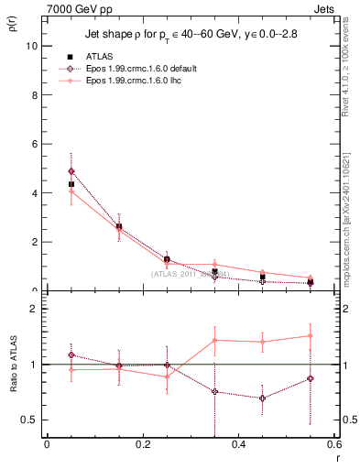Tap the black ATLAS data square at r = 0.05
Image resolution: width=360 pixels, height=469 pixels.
pos(71,184)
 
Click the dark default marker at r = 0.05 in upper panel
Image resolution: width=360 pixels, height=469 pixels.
pos(71,171)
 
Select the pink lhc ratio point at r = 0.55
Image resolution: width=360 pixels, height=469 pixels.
pos(311,335)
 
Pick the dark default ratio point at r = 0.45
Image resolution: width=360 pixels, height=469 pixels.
pos(262,398)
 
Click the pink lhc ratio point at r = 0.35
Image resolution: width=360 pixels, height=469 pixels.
pos(214,340)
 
